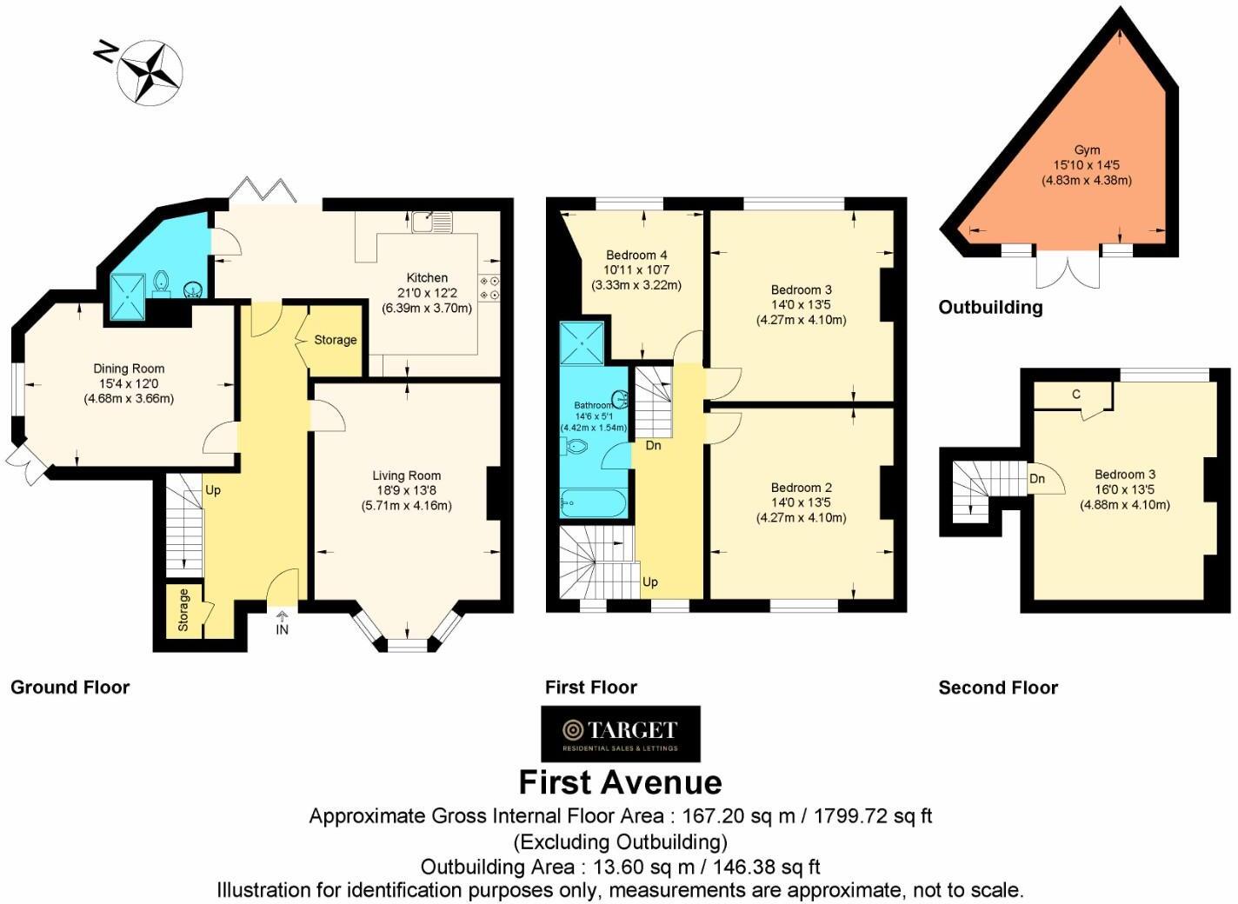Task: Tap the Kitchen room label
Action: point(427,278)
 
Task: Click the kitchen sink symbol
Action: point(431,222)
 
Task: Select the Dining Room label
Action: point(129,369)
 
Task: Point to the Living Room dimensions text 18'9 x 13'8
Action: point(406,490)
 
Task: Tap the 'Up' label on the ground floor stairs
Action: point(213,490)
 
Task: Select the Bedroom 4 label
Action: point(636,255)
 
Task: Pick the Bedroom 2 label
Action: point(801,488)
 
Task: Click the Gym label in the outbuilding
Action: point(1087,150)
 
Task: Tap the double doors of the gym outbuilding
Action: point(1068,269)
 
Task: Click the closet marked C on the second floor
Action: point(1075,395)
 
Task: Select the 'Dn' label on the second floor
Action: point(1036,479)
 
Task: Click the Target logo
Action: point(620,733)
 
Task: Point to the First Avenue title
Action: point(620,782)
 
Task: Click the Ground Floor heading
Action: point(70,688)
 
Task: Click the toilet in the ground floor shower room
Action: point(161,282)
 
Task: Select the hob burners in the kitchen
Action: point(489,289)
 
